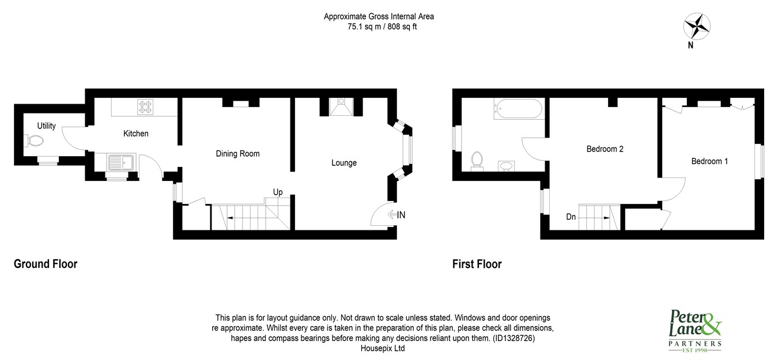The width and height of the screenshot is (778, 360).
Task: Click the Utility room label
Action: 46,126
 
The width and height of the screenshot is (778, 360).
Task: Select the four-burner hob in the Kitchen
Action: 145,107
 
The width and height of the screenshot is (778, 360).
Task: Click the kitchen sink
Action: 120,162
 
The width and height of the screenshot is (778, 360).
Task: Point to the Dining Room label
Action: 237,153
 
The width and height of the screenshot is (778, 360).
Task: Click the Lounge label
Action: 344,163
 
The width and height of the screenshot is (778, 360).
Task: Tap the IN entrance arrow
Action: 392,215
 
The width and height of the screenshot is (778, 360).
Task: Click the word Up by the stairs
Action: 278,192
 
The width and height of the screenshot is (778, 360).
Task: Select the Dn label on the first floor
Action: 571,217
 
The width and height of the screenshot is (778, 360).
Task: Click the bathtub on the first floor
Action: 518,109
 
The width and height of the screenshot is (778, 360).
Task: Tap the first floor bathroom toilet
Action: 477,161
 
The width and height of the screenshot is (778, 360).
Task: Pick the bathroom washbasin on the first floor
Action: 506,166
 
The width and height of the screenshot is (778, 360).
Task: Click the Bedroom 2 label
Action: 605,149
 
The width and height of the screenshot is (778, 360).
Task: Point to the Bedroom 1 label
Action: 709,161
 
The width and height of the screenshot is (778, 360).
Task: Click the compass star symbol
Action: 697,26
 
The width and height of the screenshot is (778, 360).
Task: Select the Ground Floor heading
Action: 46,264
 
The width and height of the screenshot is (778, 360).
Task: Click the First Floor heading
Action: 477,264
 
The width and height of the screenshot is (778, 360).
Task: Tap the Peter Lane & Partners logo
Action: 695,331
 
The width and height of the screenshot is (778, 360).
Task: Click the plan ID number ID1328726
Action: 513,338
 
